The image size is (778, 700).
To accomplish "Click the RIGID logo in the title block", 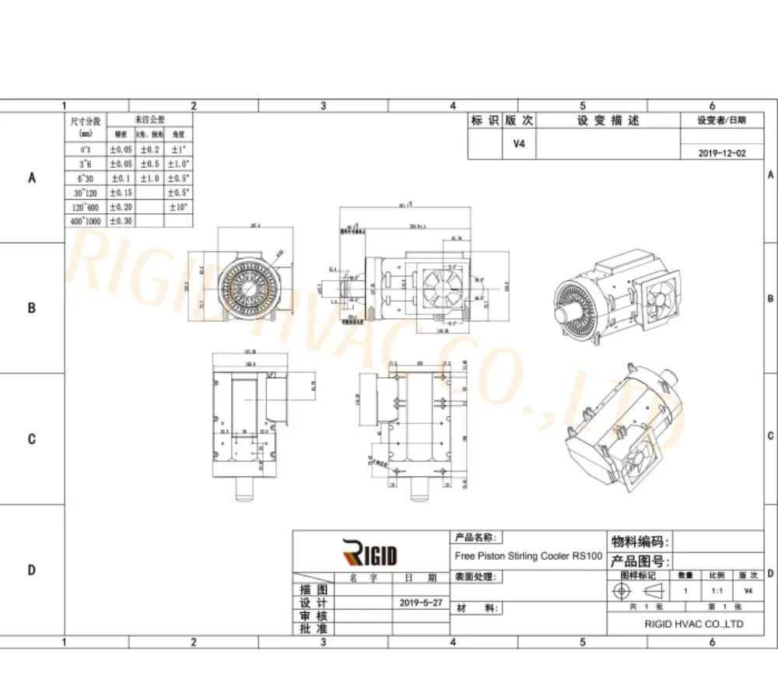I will (x=370, y=555).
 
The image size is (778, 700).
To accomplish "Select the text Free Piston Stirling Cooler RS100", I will (x=527, y=556).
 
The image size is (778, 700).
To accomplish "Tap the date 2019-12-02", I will (x=723, y=153).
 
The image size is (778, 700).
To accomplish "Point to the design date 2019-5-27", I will (x=419, y=603).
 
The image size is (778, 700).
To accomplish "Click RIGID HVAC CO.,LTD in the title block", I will (x=694, y=624).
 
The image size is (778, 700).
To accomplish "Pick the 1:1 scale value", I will (x=715, y=591).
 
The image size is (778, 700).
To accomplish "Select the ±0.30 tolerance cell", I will (x=121, y=221).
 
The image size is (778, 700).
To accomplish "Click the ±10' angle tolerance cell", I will (x=178, y=206).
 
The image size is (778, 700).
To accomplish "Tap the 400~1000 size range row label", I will (x=86, y=221).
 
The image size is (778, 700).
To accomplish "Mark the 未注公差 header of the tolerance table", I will (x=149, y=120).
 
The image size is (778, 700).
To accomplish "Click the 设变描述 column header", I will (x=608, y=121).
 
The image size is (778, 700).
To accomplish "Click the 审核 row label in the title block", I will (x=314, y=615).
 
